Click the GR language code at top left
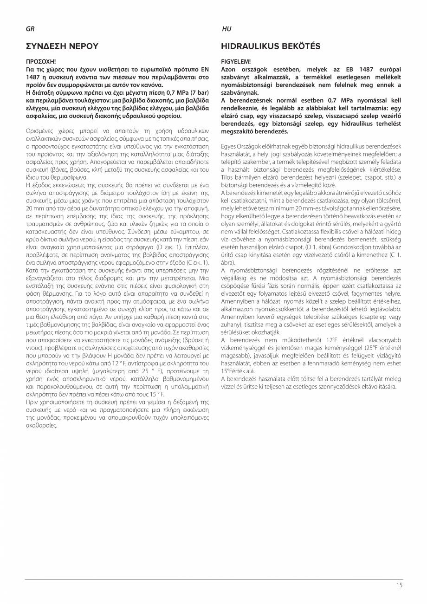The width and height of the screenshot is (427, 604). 29,29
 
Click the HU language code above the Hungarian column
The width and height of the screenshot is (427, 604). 226,29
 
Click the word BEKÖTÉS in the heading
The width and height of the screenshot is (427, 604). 299,46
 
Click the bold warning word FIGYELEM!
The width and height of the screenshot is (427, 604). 235,61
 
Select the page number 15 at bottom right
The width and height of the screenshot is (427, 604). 399,585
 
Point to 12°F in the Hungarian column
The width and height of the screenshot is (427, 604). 331,340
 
